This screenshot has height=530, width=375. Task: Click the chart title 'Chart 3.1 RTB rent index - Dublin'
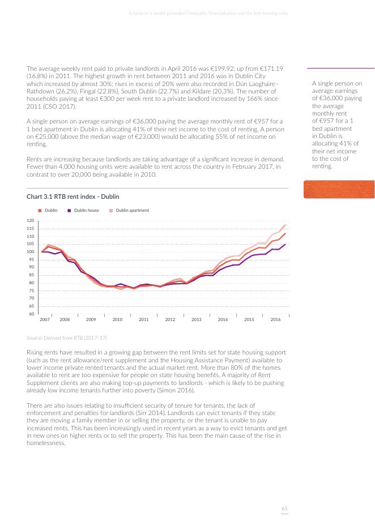(x=73, y=196)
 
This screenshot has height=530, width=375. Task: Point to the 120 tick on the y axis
(x=31, y=220)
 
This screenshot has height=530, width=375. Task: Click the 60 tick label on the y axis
(x=32, y=314)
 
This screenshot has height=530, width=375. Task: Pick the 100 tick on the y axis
(x=31, y=251)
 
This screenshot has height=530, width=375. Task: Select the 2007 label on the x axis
(x=45, y=320)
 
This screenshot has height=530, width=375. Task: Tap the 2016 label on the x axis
(x=275, y=320)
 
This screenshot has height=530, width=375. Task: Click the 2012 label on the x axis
(x=170, y=320)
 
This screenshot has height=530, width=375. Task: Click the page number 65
(x=285, y=509)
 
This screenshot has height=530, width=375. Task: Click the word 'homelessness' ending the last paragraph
(x=46, y=443)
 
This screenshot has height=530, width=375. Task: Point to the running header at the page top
(x=208, y=14)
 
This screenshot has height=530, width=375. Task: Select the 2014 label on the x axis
(x=223, y=320)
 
